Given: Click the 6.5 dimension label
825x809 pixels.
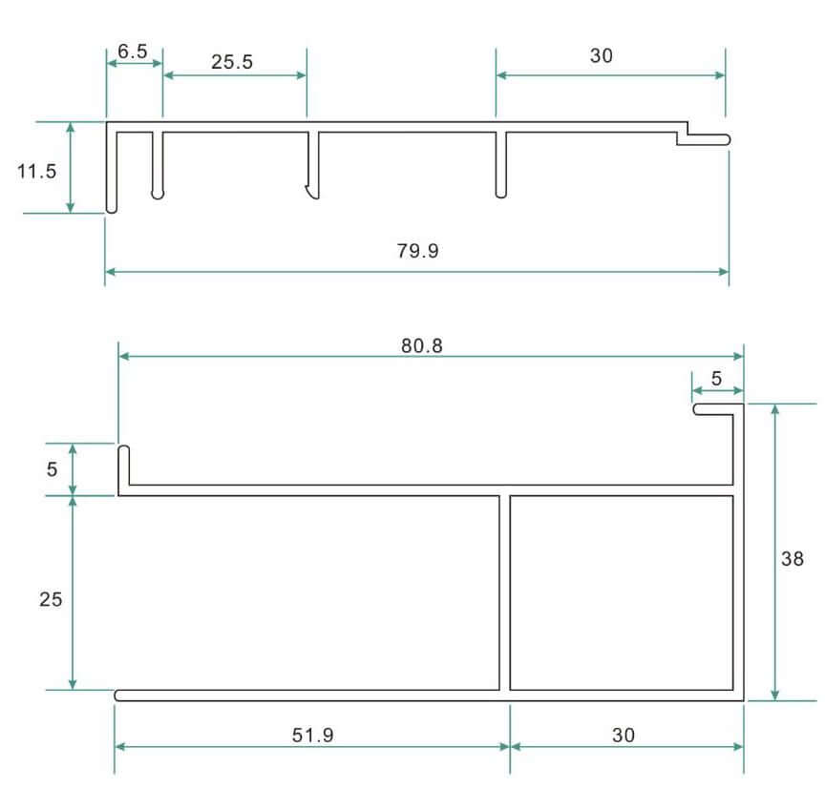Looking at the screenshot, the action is pos(133,51).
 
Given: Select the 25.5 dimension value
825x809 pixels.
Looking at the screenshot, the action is pos(232,61).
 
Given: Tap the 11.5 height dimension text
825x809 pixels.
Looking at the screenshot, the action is pos(36,171).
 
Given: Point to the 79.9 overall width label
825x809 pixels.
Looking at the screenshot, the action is pos(418,251).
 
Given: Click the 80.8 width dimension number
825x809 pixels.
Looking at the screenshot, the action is pos(422,345).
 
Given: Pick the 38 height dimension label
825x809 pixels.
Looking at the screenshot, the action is pos(793,558).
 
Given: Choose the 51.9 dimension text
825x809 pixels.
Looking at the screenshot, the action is pos(313,735).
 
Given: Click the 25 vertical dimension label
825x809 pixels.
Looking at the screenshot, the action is pos(51,599).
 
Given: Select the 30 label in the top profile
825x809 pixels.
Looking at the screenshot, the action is pos(602,55).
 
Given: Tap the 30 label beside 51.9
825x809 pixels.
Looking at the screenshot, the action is pos(624,735).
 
